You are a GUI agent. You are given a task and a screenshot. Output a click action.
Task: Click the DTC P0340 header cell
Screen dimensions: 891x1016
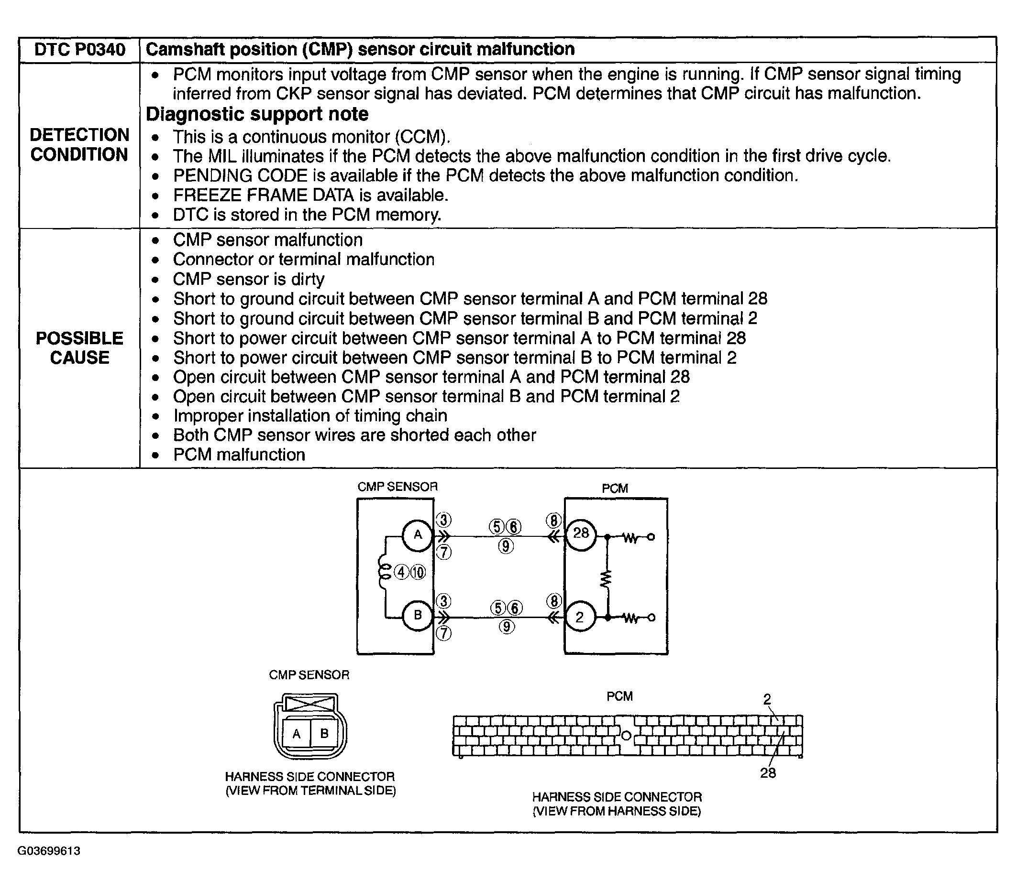(x=79, y=50)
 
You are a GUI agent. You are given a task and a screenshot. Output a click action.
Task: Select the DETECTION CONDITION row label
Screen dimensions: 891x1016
(x=79, y=144)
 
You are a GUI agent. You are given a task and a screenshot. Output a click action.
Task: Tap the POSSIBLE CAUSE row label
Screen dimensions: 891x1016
(x=79, y=348)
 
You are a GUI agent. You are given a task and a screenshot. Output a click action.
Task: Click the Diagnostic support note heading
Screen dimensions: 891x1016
(x=257, y=114)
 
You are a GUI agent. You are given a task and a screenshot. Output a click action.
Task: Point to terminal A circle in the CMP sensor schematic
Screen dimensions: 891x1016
(x=418, y=535)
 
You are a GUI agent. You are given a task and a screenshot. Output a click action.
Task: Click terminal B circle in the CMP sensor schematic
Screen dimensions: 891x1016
(x=418, y=615)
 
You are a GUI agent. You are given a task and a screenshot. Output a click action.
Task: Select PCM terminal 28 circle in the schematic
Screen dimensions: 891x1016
(x=581, y=534)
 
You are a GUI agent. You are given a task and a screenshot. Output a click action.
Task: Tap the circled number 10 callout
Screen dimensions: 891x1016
(x=418, y=573)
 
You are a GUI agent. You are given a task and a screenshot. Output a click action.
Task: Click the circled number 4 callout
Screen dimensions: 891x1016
(x=401, y=573)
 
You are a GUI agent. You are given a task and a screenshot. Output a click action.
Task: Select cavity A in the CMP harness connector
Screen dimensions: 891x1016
(x=297, y=734)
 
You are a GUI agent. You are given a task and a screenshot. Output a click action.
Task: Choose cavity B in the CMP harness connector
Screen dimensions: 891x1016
(x=324, y=733)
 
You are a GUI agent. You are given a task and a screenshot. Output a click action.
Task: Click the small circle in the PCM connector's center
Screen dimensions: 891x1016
(x=626, y=736)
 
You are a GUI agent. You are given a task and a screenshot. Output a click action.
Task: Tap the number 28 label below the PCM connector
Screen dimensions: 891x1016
(x=767, y=773)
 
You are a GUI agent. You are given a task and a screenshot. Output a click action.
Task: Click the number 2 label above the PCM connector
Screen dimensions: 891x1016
(x=767, y=699)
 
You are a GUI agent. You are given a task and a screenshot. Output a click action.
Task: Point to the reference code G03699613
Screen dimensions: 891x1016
(x=49, y=851)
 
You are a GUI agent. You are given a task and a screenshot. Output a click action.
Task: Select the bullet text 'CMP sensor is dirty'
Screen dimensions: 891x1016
(x=249, y=279)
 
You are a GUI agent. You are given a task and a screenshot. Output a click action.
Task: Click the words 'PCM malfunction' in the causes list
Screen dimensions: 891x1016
(x=239, y=455)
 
